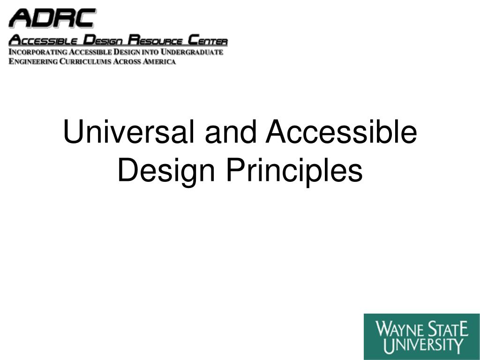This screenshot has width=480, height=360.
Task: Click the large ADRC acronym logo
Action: click(52, 18)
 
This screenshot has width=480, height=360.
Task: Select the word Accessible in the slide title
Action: click(341, 132)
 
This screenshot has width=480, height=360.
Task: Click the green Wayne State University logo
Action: click(421, 336)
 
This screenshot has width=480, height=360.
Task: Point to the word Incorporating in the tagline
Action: click(38, 52)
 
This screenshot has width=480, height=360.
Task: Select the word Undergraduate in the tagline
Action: click(192, 52)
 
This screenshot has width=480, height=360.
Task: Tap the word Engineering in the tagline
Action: click(33, 61)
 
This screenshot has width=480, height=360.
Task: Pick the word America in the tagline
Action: click(159, 61)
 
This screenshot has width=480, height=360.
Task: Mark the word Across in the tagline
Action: click(127, 61)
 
